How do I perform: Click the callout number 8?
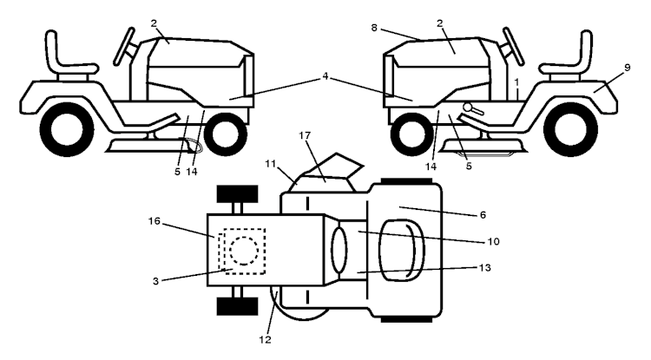point(374,28)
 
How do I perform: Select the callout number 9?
point(627,68)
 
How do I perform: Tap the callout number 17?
point(306,135)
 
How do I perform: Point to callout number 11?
point(270,164)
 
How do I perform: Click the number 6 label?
point(483,215)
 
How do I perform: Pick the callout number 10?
point(494,241)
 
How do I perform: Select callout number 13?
point(485,267)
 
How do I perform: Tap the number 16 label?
point(154,221)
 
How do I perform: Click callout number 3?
point(155,281)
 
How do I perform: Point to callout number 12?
point(266,340)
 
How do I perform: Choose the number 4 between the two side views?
point(325,76)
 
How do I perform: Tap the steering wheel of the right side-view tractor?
point(512,46)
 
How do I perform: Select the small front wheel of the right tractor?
point(412,134)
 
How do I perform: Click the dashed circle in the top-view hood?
point(244,251)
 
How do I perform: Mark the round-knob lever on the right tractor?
point(473,108)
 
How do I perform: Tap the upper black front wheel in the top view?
point(238,194)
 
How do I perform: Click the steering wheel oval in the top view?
point(339,250)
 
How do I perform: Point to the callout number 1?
point(516,82)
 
